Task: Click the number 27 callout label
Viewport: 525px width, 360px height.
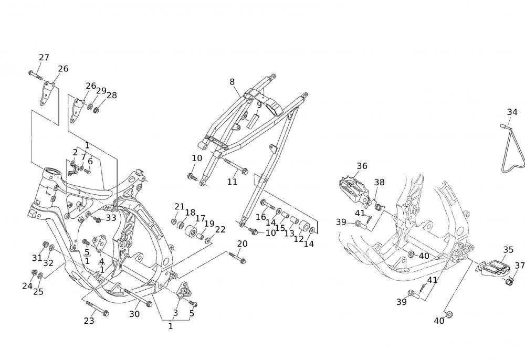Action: [44, 58]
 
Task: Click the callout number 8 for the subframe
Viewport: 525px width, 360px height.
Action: [232, 81]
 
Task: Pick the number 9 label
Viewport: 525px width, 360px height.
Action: [259, 104]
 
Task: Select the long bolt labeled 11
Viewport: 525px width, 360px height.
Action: [235, 166]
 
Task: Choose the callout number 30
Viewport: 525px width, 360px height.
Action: [134, 314]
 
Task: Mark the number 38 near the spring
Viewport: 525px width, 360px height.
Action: [379, 183]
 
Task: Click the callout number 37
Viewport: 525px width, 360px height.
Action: [520, 266]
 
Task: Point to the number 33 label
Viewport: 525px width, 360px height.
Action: [111, 217]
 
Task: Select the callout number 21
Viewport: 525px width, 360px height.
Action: [180, 206]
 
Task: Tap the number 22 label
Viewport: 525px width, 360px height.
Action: [220, 229]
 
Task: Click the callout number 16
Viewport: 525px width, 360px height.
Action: [261, 217]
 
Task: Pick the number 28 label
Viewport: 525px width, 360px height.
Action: [112, 96]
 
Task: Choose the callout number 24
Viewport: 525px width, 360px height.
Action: [27, 286]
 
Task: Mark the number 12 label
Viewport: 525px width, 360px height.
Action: [298, 239]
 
